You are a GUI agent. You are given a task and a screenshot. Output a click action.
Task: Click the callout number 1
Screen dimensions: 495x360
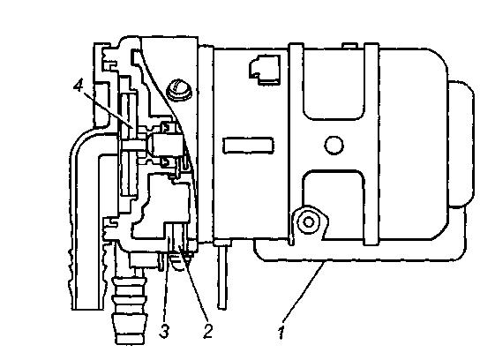click(281, 334)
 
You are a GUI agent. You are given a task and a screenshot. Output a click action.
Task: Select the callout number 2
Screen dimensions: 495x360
click(207, 331)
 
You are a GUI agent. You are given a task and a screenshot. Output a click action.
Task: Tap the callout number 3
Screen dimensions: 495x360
click(164, 331)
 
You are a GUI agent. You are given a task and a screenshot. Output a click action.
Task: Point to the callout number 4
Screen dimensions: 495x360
click(79, 85)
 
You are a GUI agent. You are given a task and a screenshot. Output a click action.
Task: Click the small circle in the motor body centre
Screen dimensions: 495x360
click(334, 146)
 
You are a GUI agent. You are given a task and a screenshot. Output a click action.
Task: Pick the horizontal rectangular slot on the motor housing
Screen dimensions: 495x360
click(248, 146)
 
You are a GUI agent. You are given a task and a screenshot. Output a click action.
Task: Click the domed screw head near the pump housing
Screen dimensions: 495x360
click(179, 90)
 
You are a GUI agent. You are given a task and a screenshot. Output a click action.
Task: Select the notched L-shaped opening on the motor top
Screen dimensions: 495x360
click(265, 70)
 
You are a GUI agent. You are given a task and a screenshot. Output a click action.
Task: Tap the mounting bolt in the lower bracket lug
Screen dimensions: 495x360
click(309, 221)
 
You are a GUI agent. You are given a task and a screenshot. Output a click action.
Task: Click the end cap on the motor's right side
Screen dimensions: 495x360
click(461, 144)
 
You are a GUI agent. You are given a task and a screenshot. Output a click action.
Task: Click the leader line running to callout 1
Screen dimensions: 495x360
click(303, 292)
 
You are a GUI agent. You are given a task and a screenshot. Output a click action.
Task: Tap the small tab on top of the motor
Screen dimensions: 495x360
click(349, 46)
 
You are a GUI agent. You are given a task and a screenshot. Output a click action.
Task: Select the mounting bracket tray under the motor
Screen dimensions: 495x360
click(360, 252)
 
